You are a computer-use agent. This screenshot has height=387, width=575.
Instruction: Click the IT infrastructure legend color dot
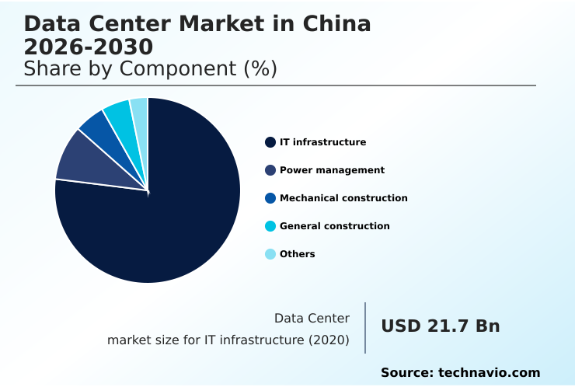[270, 142]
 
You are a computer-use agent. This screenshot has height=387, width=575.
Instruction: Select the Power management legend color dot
[270, 170]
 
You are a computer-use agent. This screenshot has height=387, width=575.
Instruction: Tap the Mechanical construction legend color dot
[270, 198]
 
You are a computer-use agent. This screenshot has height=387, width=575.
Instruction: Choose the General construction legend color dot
[270, 226]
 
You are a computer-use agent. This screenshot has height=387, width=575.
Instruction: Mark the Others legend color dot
[270, 254]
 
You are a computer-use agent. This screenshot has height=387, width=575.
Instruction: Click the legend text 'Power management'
[332, 170]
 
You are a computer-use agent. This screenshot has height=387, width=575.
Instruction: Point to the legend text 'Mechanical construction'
[343, 198]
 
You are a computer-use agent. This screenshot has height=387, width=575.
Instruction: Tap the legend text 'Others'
[297, 254]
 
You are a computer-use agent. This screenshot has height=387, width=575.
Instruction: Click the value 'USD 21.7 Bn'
[440, 326]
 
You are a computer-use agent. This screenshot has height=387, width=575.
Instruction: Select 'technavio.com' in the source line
[489, 373]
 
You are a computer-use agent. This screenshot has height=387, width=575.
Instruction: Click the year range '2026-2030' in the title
[88, 47]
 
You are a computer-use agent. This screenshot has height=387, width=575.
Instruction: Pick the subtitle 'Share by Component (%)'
[150, 68]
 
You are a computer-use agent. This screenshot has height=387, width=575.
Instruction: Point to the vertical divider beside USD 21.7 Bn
[365, 327]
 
